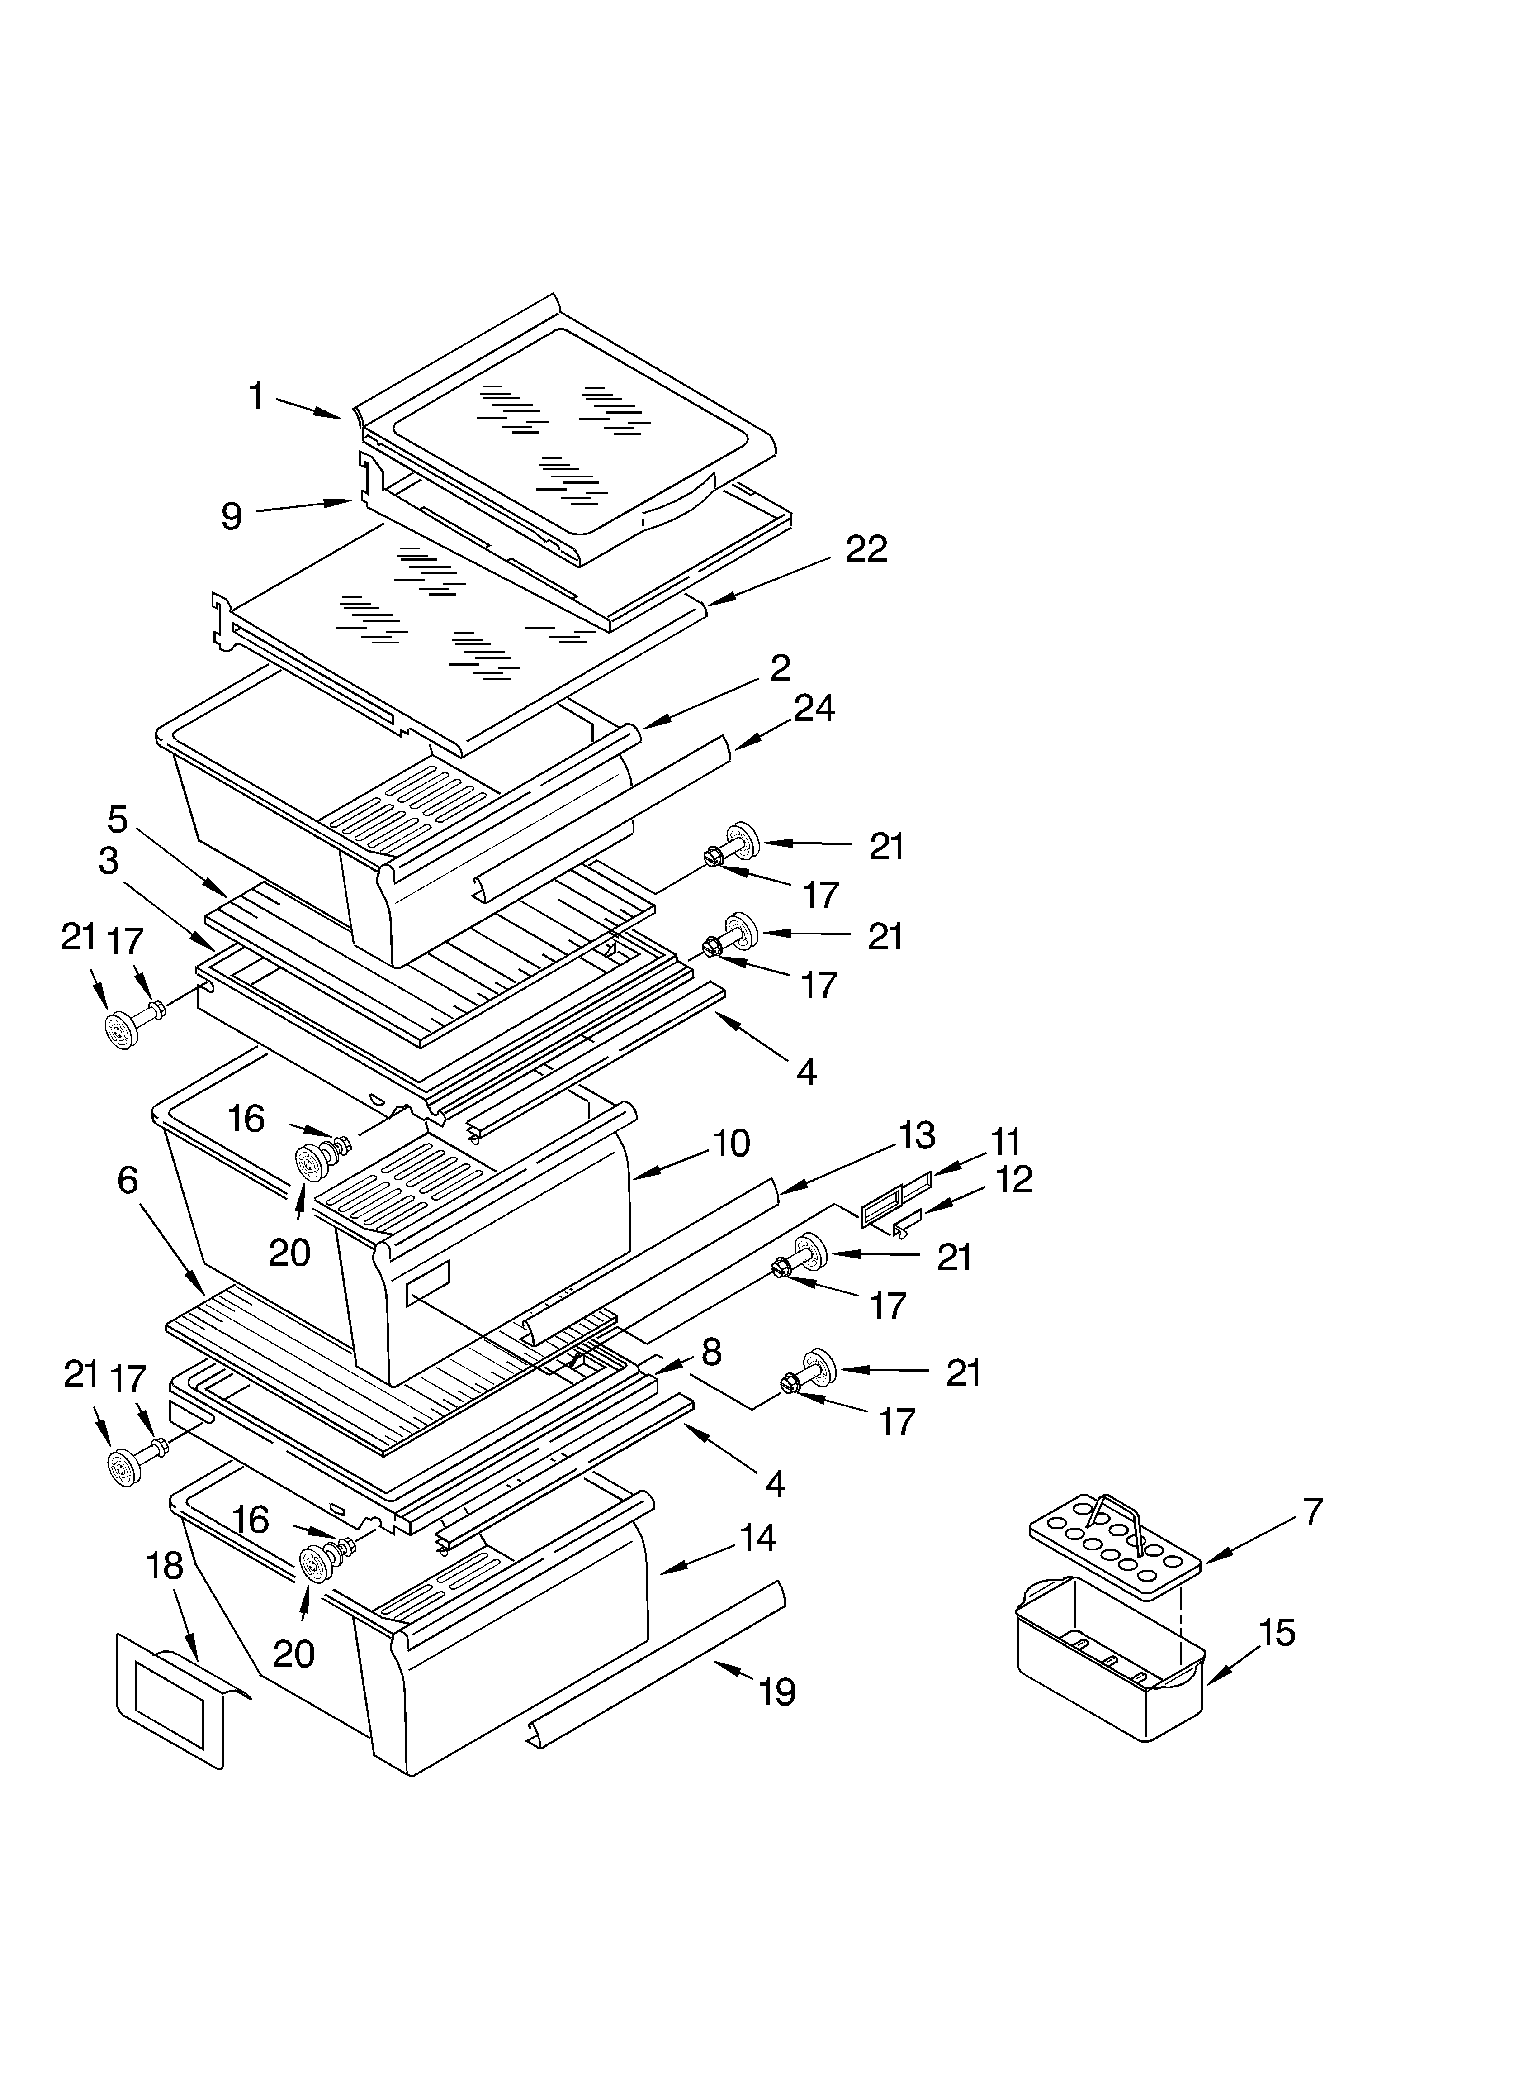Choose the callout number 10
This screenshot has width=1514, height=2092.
(x=731, y=1144)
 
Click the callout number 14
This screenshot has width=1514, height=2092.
(x=757, y=1539)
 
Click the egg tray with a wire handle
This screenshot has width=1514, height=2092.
(x=1116, y=1539)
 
